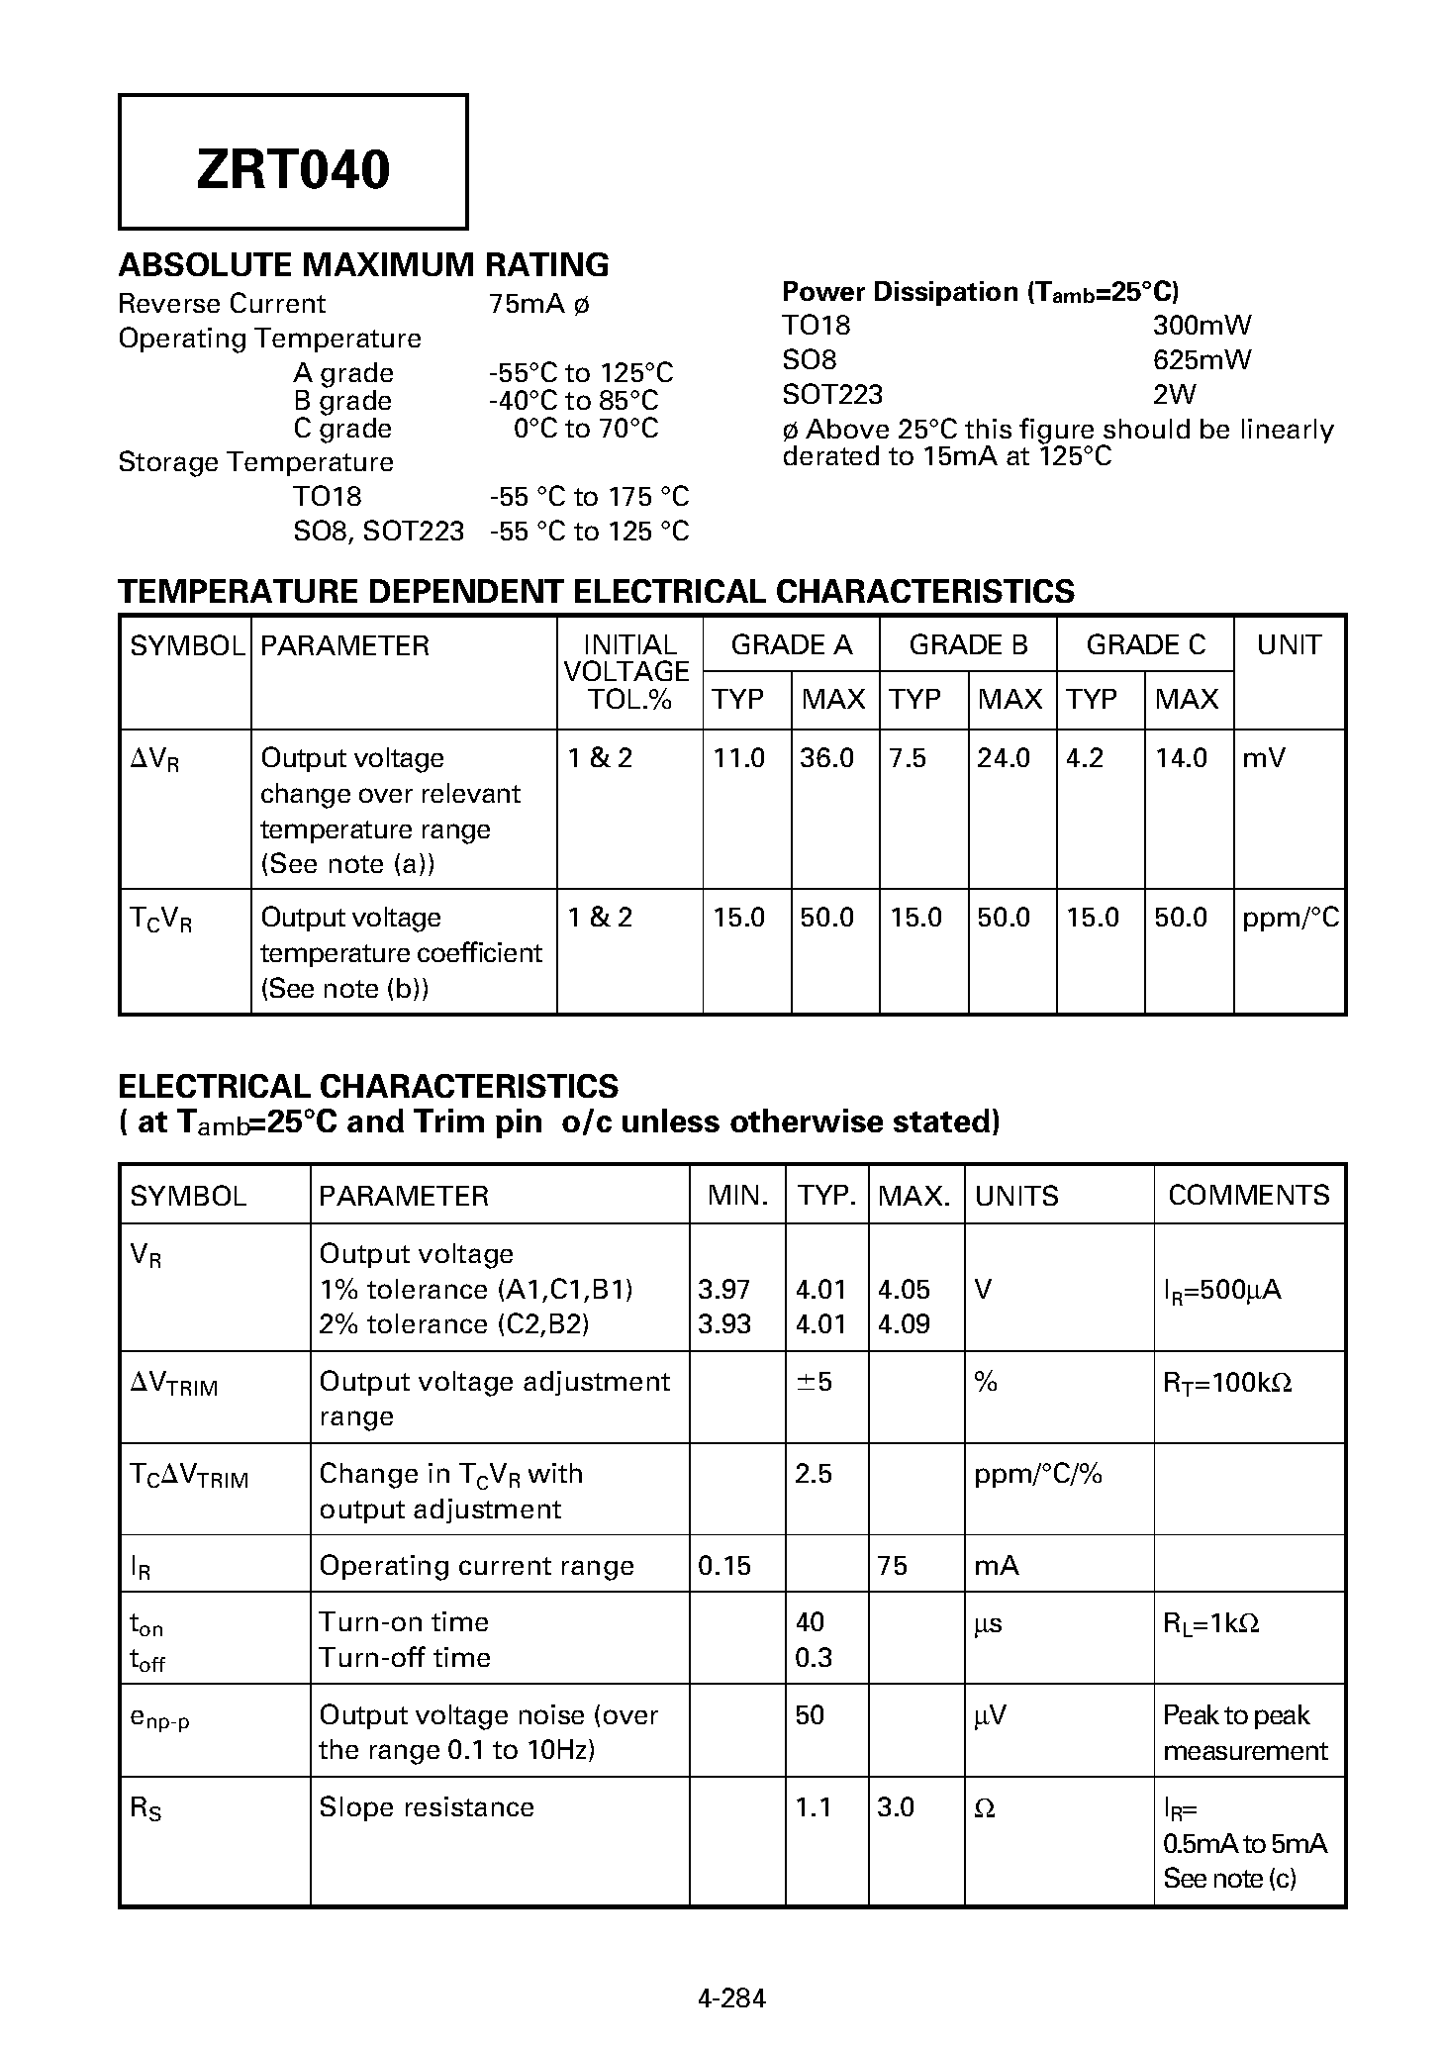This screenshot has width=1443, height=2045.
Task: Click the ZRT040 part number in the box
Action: (x=293, y=169)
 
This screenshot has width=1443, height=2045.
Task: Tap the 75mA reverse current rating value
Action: (x=538, y=304)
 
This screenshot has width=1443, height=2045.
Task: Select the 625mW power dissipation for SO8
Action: (x=1202, y=359)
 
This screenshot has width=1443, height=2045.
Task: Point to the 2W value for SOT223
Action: (x=1174, y=394)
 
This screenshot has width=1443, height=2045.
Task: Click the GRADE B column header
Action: (x=968, y=645)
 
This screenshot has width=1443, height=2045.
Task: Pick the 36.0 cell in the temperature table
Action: (x=826, y=758)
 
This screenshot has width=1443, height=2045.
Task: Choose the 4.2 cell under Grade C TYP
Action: (x=1085, y=758)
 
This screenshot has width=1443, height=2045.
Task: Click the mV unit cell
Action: (x=1264, y=758)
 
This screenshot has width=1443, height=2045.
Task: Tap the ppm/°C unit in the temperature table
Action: (x=1290, y=918)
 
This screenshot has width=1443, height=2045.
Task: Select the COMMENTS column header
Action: (x=1248, y=1195)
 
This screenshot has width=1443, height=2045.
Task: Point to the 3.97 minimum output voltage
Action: (x=724, y=1289)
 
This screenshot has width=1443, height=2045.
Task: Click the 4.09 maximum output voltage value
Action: (x=904, y=1323)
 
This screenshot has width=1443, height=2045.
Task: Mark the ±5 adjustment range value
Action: (x=814, y=1381)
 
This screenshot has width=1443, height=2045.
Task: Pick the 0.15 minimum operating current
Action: (x=724, y=1565)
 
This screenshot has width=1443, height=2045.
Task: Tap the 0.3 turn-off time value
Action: (x=814, y=1657)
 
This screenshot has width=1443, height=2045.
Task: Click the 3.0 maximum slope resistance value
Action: (x=896, y=1806)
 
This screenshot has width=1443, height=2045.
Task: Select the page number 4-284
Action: (x=731, y=1997)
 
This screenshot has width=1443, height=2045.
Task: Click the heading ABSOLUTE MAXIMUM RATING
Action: (x=363, y=265)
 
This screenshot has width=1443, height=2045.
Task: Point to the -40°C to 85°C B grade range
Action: (x=573, y=401)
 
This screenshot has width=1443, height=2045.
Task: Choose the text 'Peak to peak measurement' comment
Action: (x=1244, y=1732)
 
